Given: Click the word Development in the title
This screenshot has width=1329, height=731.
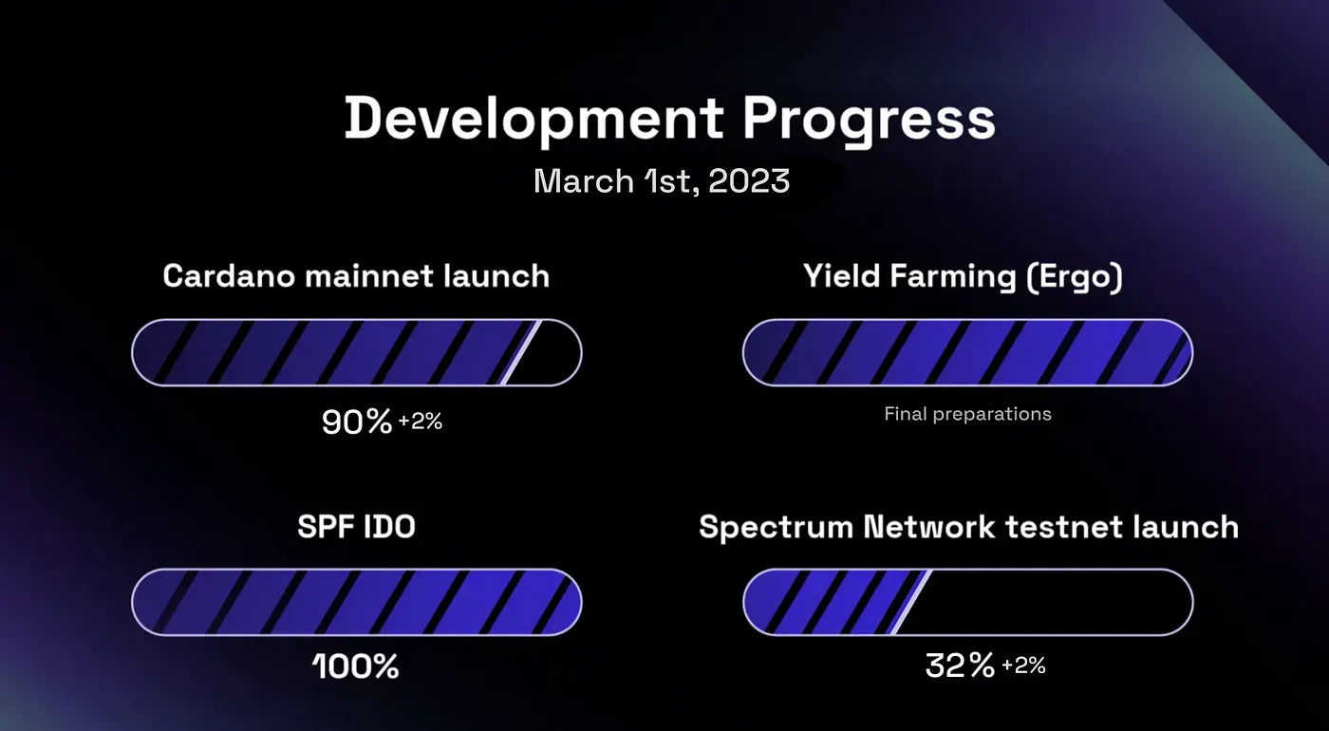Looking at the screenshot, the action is [533, 120].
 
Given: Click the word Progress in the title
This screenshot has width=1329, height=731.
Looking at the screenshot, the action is [869, 120].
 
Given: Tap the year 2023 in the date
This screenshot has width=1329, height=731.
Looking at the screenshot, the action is [749, 181].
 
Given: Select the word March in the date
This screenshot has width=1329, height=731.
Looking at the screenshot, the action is [584, 180].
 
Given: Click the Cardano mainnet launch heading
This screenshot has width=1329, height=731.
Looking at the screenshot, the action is [356, 276].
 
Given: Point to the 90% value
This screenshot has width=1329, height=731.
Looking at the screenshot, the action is [357, 422].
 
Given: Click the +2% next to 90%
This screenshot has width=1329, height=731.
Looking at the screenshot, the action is [420, 422].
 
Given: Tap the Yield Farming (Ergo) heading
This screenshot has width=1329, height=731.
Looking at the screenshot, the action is [963, 277].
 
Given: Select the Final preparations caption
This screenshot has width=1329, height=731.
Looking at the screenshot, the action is [967, 414].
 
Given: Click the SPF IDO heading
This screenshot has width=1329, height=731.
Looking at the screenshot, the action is [356, 527].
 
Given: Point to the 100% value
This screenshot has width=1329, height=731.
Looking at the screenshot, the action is [356, 666].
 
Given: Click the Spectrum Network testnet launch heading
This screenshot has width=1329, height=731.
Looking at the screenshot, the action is [968, 527].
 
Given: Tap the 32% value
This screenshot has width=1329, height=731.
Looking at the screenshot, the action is [960, 665].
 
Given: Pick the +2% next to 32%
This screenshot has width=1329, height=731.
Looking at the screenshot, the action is [1023, 665].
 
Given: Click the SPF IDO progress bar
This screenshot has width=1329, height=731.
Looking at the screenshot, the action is [357, 602].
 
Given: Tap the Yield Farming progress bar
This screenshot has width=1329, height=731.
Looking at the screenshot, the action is [967, 353].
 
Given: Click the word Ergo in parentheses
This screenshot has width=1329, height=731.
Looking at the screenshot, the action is [1075, 277].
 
